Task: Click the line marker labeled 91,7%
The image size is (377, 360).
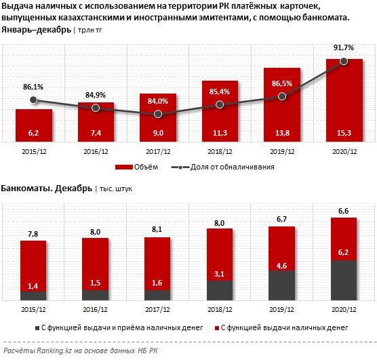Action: click(x=344, y=61)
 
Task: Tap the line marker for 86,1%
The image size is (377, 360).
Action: click(x=33, y=100)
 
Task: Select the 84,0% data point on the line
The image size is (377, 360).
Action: click(x=158, y=114)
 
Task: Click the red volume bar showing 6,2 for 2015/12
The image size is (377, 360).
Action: click(x=34, y=125)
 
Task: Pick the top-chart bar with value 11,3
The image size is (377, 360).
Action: click(x=220, y=111)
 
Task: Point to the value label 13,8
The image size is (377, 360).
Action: click(x=282, y=133)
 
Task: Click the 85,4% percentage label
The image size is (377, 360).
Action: click(x=220, y=92)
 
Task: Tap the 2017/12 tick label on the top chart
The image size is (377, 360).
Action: click(x=158, y=152)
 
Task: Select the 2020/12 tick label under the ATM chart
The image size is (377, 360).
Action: click(x=344, y=310)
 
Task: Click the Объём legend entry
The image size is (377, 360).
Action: click(x=136, y=167)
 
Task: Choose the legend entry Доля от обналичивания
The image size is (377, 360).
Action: click(x=222, y=167)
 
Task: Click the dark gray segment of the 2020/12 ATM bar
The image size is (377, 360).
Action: click(x=344, y=280)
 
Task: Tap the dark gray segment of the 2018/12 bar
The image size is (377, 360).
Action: click(x=220, y=290)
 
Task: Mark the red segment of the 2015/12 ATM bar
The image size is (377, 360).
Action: click(x=33, y=266)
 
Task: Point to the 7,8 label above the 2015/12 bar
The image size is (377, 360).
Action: click(x=33, y=234)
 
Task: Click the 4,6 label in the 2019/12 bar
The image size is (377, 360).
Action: click(x=281, y=266)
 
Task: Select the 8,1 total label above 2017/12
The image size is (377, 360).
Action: click(x=157, y=229)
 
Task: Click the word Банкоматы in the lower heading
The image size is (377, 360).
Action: click(x=26, y=188)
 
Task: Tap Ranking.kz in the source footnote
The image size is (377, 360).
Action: click(x=54, y=351)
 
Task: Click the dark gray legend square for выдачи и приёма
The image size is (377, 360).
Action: click(x=37, y=328)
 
